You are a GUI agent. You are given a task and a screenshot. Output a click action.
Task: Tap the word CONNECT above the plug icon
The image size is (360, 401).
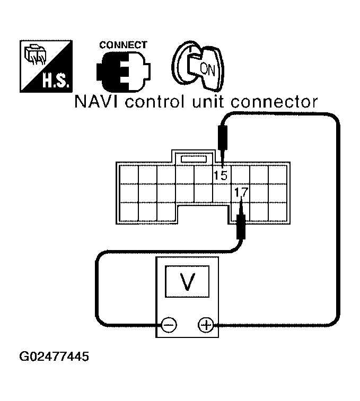pyautogui.click(x=123, y=46)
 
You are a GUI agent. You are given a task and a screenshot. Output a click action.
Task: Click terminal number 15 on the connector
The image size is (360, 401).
pyautogui.click(x=220, y=175)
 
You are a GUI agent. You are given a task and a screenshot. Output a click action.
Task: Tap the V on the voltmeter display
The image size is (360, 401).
pyautogui.click(x=186, y=282)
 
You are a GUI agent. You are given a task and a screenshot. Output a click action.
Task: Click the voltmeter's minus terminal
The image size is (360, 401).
pyautogui.click(x=169, y=324)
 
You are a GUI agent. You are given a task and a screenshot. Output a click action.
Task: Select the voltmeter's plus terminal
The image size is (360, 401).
pyautogui.click(x=205, y=324)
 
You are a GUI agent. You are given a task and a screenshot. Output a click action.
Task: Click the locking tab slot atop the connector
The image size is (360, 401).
pyautogui.click(x=194, y=158)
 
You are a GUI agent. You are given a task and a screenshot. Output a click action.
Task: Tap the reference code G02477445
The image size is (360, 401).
pyautogui.click(x=54, y=357)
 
